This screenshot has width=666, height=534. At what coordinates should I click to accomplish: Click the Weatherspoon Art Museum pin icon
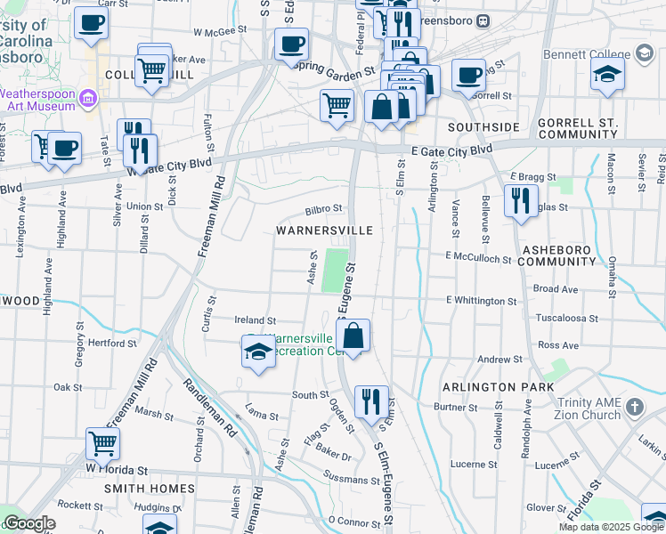88,98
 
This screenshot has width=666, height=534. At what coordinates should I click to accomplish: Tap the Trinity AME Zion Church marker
633,408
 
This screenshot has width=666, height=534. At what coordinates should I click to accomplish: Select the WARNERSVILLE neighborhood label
323,230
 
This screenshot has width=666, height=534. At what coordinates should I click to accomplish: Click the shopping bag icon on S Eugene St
353,336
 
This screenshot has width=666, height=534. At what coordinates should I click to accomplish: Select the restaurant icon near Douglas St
521,199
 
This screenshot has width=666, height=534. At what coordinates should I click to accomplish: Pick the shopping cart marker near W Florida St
103,441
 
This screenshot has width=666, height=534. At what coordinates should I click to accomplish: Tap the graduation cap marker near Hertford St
258,352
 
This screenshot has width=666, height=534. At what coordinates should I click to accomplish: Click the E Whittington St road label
481,302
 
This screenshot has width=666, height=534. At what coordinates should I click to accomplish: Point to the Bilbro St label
323,210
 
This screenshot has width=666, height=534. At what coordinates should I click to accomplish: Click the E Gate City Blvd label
452,150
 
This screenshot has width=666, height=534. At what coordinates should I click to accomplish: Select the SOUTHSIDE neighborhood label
483,127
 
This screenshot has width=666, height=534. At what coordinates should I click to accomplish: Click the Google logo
29,522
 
